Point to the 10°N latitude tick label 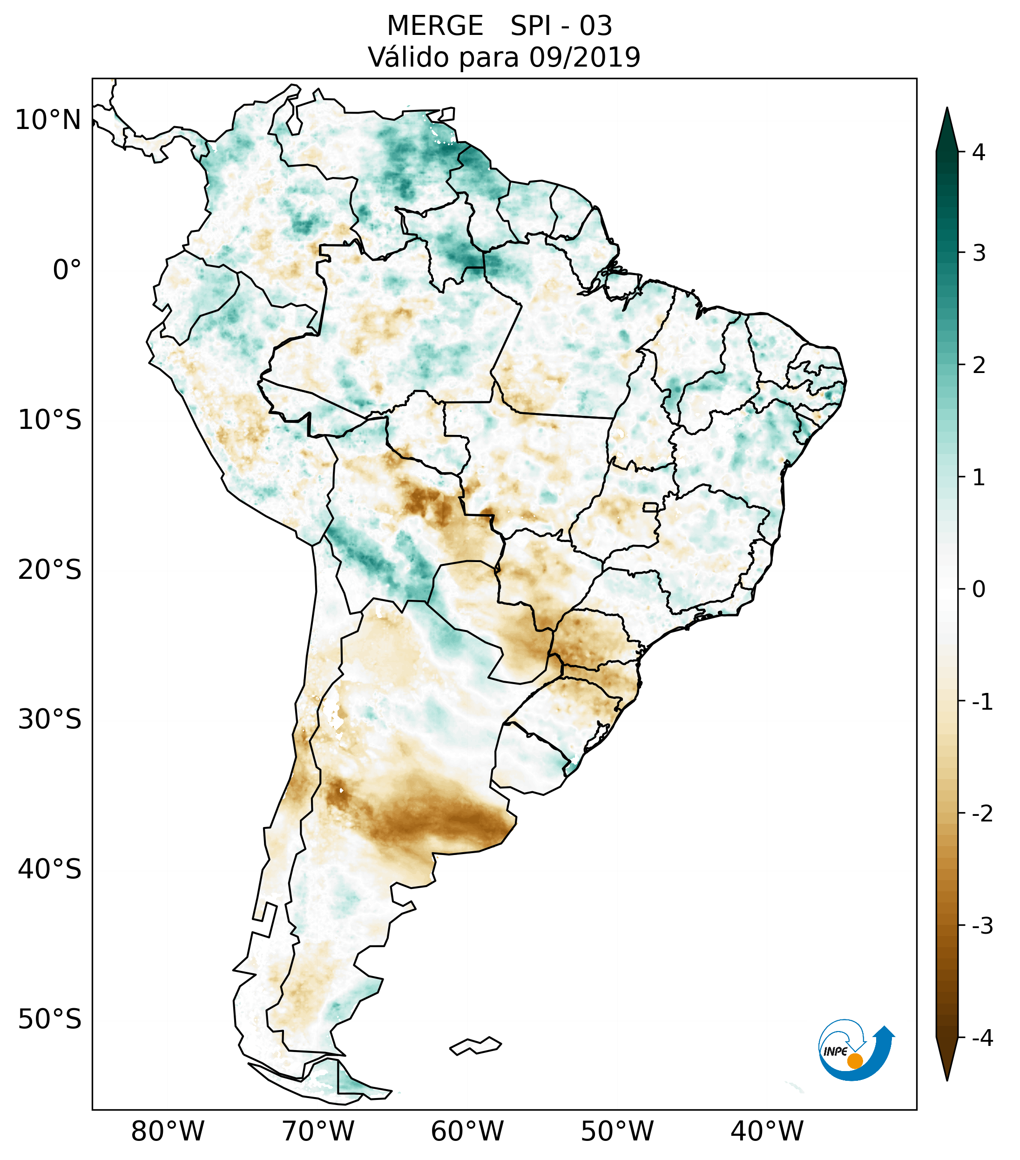(48, 120)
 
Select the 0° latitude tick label (67, 270)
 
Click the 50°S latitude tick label (50, 1019)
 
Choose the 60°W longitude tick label (467, 1131)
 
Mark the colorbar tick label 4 (979, 152)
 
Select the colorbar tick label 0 (979, 589)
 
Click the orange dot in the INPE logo (855, 1061)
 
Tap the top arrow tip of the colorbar (947, 109)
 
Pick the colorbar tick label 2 (979, 365)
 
